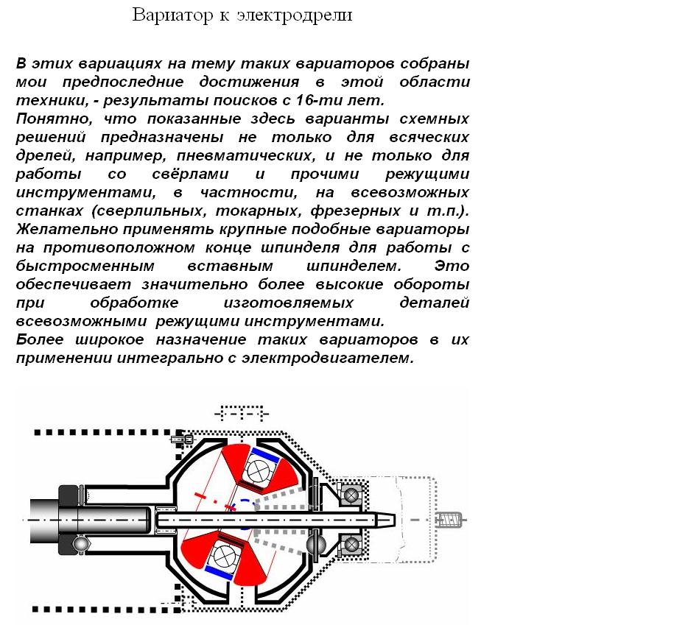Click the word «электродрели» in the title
pyautogui.click(x=295, y=15)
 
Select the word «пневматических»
pyautogui.click(x=246, y=155)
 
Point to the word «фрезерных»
pyautogui.click(x=355, y=211)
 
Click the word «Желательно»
pyautogui.click(x=67, y=229)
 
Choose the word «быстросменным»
pyautogui.click(x=85, y=266)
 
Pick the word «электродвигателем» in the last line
pyautogui.click(x=328, y=358)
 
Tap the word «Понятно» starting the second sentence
pyautogui.click(x=54, y=119)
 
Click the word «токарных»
pyautogui.click(x=259, y=211)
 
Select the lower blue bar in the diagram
pyautogui.click(x=220, y=573)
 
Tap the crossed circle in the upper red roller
pyautogui.click(x=258, y=471)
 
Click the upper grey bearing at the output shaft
pyautogui.click(x=351, y=495)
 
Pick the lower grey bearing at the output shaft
pyautogui.click(x=351, y=545)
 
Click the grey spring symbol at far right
pyautogui.click(x=449, y=520)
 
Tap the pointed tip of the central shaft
pyautogui.click(x=395, y=520)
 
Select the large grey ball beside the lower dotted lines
pyautogui.click(x=315, y=544)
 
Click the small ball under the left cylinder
pyautogui.click(x=81, y=544)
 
